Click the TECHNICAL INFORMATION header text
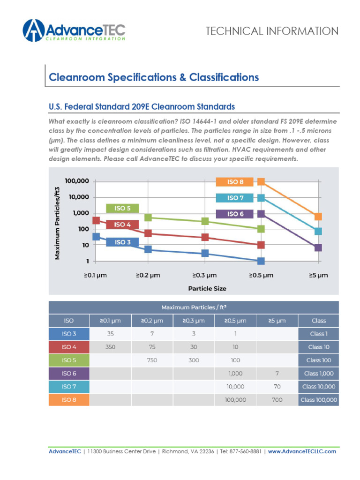coord(272,31)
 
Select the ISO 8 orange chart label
coord(235,182)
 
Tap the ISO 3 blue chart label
coord(122,242)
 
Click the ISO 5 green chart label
coord(122,209)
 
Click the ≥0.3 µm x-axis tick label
coord(205,276)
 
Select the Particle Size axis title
coord(207,288)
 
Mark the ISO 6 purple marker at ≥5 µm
coord(318,247)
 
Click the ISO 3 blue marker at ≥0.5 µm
coord(261,261)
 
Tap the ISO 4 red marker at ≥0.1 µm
coord(96,220)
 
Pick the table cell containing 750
coord(152,360)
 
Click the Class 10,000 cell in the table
coord(318,387)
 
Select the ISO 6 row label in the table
coord(69,374)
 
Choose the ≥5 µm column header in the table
coord(277,321)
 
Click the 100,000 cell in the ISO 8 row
coord(235,400)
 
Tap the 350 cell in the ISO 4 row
coord(110,347)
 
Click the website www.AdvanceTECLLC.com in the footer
coord(302,451)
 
